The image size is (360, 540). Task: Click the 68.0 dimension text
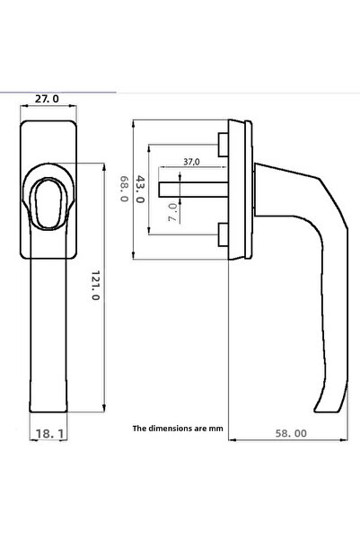(x=124, y=188)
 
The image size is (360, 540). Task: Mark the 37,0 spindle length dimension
(x=191, y=162)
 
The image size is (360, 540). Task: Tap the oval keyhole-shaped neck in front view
(x=50, y=199)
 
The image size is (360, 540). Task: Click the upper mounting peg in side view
(x=222, y=144)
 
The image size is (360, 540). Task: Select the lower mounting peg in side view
(x=222, y=235)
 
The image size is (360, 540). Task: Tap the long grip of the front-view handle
(x=50, y=323)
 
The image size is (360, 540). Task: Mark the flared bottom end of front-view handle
(x=50, y=400)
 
